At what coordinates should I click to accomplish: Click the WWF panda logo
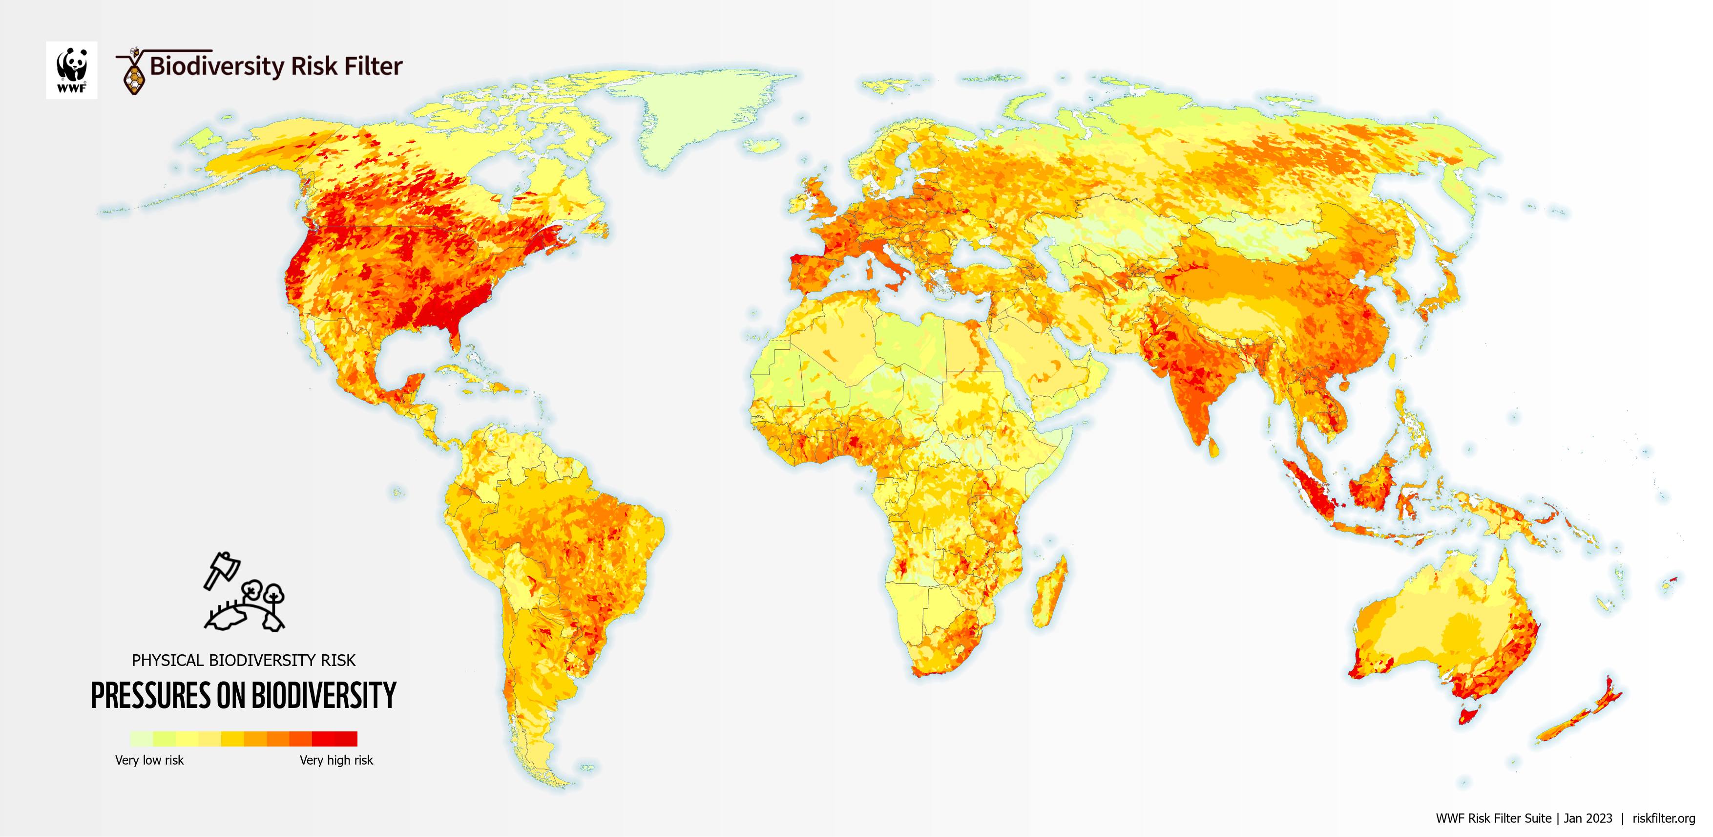click(x=71, y=70)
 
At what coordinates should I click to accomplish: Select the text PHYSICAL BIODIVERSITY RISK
click(x=243, y=660)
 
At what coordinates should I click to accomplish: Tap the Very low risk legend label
click(x=149, y=760)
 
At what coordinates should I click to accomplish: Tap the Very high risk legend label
click(x=336, y=760)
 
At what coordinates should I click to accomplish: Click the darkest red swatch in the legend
click(x=346, y=738)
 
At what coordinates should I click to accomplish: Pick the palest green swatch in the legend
click(x=141, y=738)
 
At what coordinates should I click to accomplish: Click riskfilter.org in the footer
click(x=1663, y=818)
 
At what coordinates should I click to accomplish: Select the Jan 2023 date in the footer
click(x=1588, y=818)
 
